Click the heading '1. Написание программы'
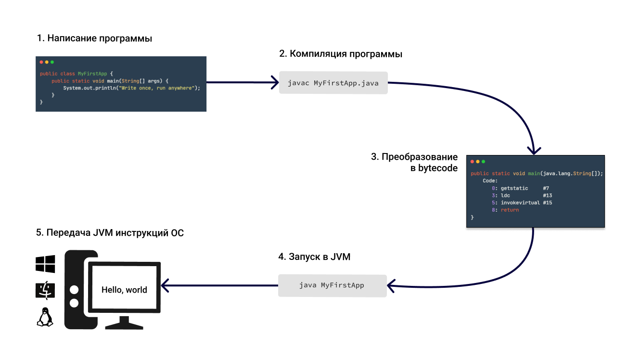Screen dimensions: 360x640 (94, 39)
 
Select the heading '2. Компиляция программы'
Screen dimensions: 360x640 (341, 54)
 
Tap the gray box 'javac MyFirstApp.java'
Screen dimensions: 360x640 (333, 83)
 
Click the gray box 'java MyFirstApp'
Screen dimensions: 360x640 (332, 285)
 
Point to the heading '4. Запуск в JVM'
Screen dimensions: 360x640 (314, 257)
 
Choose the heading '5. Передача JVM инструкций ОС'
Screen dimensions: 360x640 (110, 233)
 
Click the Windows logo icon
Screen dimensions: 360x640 (45, 264)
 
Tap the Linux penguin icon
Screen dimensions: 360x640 (45, 317)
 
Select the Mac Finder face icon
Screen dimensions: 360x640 (45, 290)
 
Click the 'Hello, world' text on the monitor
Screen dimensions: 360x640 (124, 290)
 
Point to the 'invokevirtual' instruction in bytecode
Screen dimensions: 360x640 (520, 203)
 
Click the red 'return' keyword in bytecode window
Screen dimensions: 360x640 (510, 210)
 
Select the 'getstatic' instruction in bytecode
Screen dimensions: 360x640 (514, 188)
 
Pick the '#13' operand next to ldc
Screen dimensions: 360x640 (547, 195)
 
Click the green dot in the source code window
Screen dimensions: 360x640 (52, 62)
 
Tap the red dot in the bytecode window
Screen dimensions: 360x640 (472, 161)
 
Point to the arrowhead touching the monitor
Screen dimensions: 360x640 (165, 285)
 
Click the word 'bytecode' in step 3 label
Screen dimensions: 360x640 (437, 168)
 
